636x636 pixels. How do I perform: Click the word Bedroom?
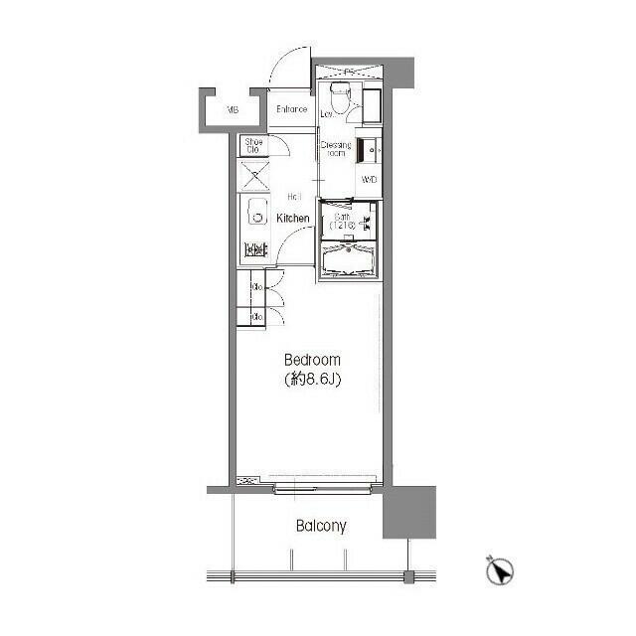(x=313, y=360)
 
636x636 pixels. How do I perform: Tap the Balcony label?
(x=321, y=526)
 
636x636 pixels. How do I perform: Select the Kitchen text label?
(x=293, y=218)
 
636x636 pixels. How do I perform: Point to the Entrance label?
(x=291, y=109)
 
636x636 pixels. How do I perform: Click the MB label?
(x=231, y=109)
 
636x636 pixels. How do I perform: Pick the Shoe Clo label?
(x=254, y=146)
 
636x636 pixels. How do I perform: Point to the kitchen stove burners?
(x=255, y=248)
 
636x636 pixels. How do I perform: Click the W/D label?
(x=369, y=180)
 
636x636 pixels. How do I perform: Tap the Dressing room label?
(x=336, y=150)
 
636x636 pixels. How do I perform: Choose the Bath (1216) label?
(x=342, y=222)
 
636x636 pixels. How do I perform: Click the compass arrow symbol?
(x=501, y=570)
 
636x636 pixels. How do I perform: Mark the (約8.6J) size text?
(x=313, y=379)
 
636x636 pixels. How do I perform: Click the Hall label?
(x=294, y=196)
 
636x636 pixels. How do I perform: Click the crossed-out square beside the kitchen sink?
(x=255, y=178)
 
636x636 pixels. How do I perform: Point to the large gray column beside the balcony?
(x=410, y=512)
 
